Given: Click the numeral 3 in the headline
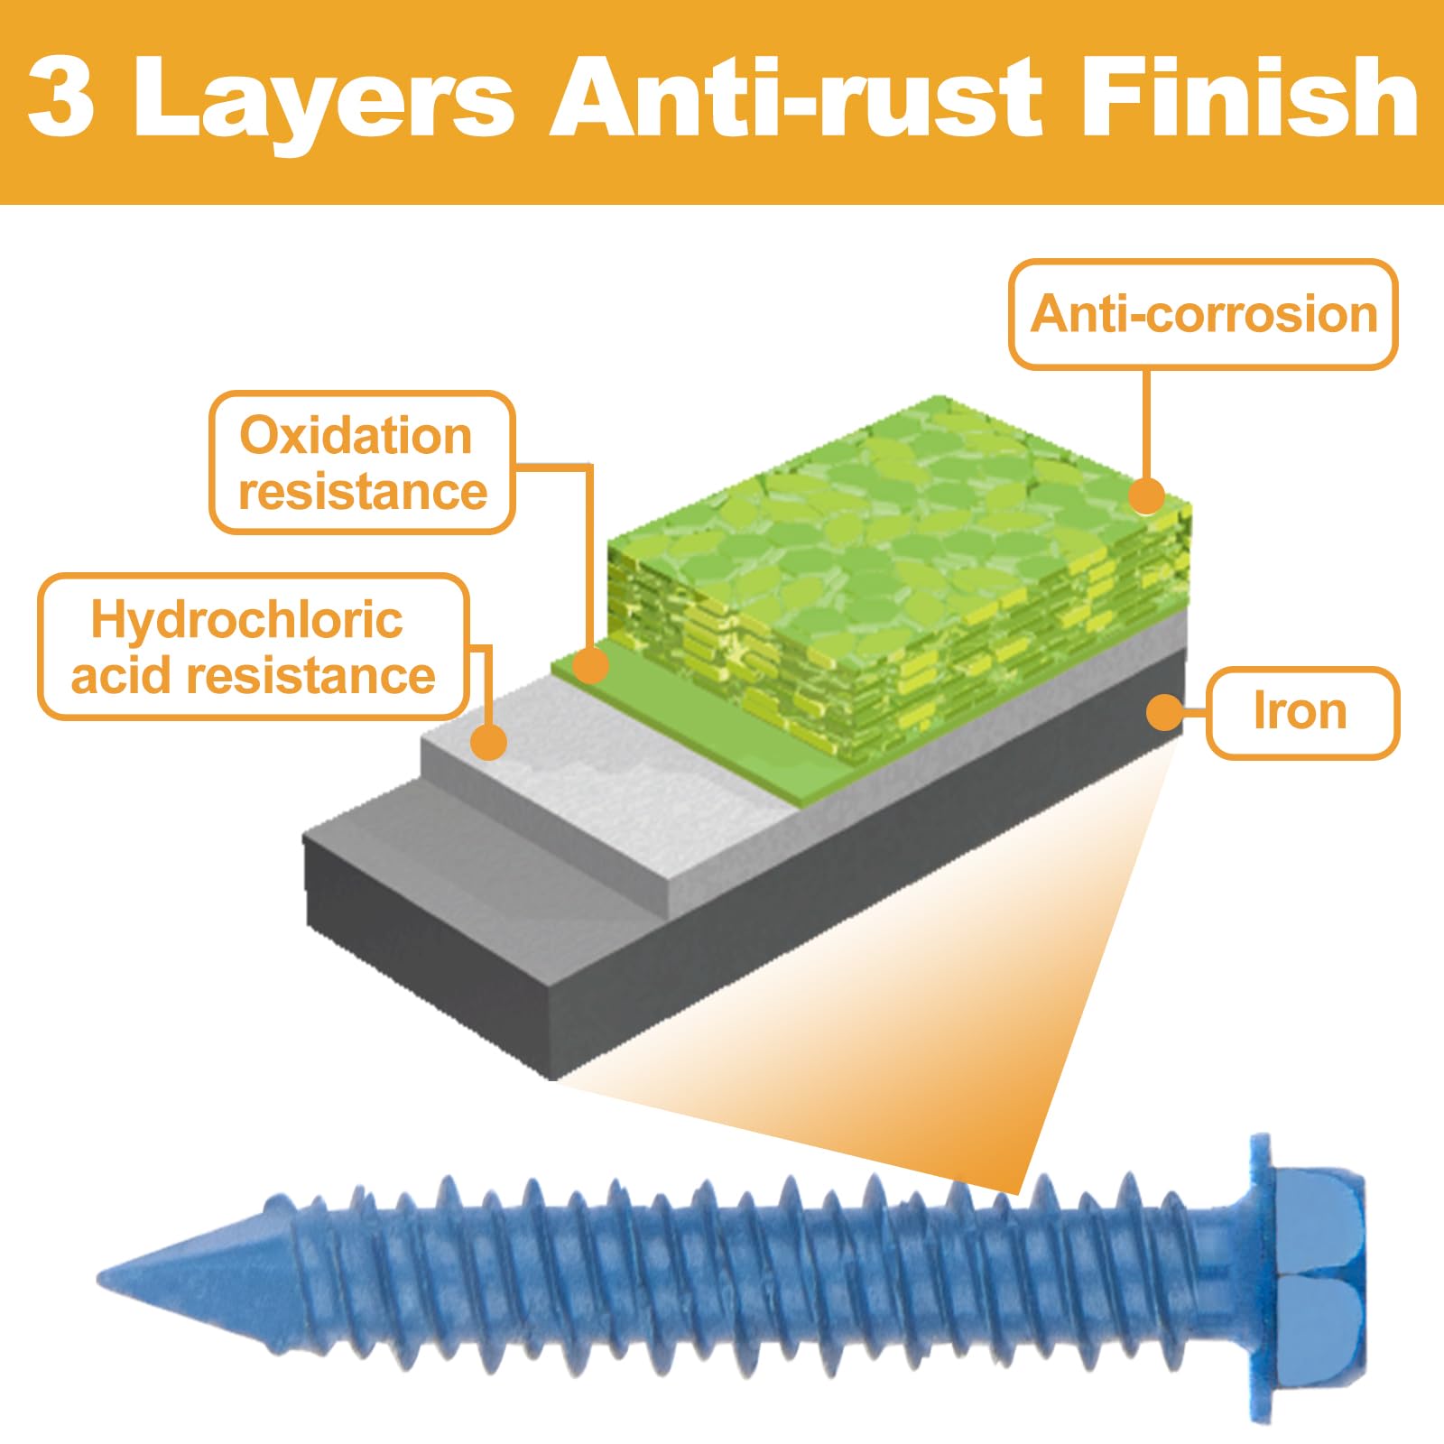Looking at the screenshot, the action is [61, 97].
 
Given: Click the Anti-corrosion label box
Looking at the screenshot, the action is [1203, 314].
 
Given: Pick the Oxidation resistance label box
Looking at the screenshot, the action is [363, 463].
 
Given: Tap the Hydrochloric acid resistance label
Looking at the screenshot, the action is [254, 647].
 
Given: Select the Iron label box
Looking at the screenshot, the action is [1302, 712].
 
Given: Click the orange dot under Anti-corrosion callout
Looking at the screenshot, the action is [1147, 495].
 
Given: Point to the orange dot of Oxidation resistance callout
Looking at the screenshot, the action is [591, 665].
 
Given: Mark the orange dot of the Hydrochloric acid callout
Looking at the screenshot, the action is [489, 742].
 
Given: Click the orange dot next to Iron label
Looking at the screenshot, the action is [1164, 712].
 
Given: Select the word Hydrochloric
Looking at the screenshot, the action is [246, 620].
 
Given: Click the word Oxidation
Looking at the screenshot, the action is [356, 436].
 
